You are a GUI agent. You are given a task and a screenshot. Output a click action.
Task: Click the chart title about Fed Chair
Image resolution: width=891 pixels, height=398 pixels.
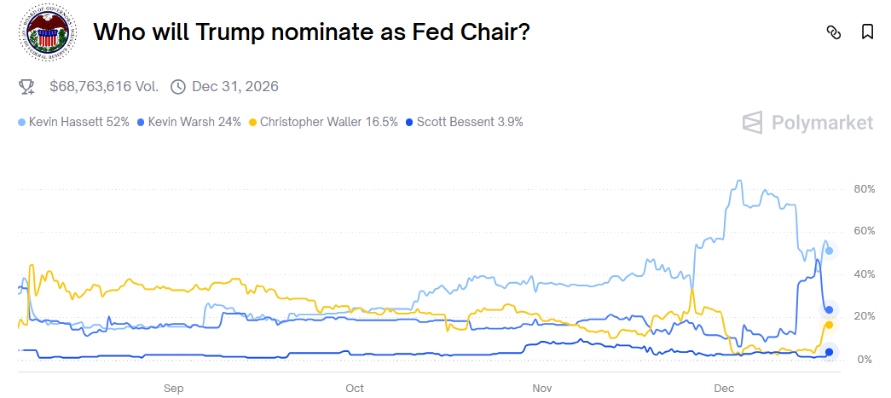311,32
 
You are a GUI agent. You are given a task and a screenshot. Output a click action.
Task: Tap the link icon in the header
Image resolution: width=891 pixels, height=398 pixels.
834,32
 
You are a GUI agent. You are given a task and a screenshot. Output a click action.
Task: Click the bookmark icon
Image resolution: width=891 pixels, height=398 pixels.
867,32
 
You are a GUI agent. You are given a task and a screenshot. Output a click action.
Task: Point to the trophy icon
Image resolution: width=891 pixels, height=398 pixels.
26,86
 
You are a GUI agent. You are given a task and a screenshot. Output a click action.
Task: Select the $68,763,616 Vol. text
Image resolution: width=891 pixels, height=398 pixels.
104,86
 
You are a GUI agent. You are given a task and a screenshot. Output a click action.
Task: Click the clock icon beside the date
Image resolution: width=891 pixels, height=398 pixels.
178,86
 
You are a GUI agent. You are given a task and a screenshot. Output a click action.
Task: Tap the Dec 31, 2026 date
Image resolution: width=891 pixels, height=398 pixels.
235,86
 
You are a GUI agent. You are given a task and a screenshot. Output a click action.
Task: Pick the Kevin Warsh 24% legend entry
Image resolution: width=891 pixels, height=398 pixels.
188,122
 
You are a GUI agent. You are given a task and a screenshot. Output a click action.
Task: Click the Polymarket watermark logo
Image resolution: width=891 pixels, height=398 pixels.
807,123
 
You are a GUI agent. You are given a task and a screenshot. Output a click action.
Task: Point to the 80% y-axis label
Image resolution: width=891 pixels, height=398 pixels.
864,188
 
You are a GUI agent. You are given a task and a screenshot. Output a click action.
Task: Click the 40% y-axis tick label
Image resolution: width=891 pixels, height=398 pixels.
864,274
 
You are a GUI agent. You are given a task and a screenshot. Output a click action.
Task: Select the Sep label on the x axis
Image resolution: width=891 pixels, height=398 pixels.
173,388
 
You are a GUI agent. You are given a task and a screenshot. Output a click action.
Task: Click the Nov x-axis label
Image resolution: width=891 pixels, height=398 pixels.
542,388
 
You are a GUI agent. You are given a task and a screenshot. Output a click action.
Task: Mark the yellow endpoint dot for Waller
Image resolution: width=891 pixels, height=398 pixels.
829,325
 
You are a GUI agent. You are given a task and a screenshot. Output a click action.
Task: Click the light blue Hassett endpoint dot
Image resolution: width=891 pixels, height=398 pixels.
829,251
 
